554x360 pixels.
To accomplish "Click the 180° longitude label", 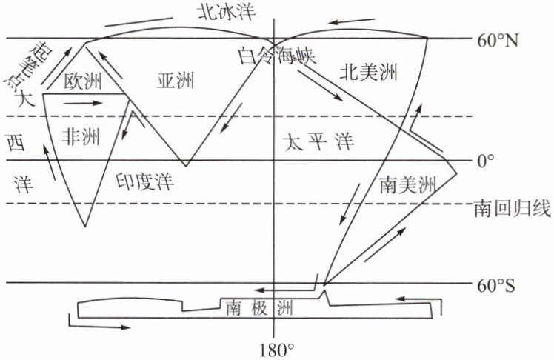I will click(x=276, y=347).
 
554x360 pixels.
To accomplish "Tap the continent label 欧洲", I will click(x=82, y=81).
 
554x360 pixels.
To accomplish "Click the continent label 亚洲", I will click(x=176, y=81).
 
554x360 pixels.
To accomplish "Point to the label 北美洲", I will click(x=368, y=72).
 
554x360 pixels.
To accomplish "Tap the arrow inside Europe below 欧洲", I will click(x=81, y=104).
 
